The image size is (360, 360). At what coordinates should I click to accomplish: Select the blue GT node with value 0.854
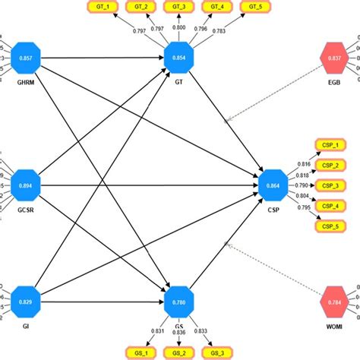coord(179,58)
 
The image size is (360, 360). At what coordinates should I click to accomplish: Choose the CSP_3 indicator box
coord(327,185)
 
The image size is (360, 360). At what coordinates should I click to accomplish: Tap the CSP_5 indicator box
coord(327,226)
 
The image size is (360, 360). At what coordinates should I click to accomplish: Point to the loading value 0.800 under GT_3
coord(179,27)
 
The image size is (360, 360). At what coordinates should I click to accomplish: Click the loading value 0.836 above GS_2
coord(179,331)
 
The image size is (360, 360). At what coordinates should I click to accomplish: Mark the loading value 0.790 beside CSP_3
coord(302,185)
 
